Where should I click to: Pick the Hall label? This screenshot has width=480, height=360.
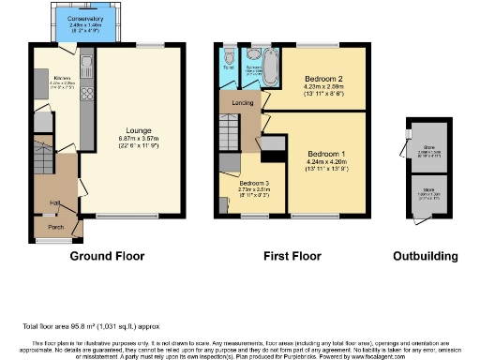[55, 202]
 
